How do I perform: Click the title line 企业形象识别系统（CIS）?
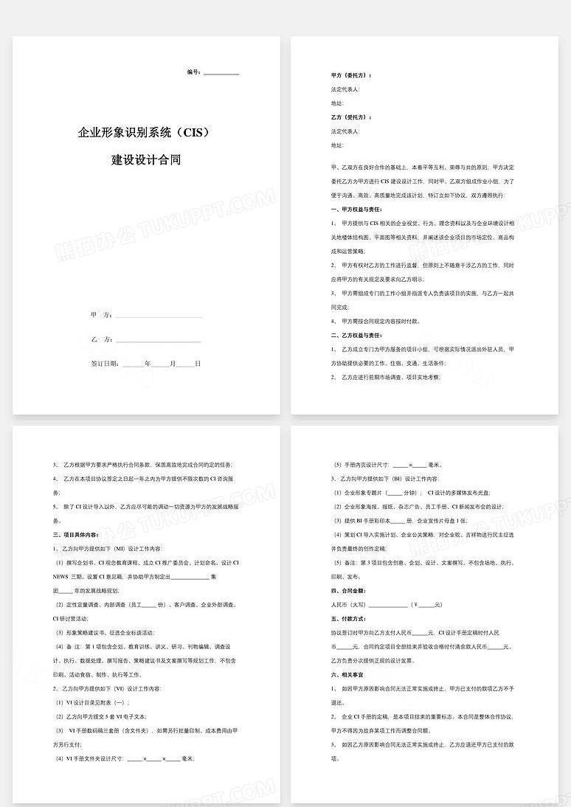click(x=145, y=133)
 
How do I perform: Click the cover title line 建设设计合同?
click(x=146, y=159)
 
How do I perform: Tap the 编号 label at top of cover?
click(x=193, y=72)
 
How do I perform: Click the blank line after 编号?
click(x=221, y=73)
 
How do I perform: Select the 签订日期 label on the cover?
click(x=105, y=364)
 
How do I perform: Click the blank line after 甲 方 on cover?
click(x=159, y=316)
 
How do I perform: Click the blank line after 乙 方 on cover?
click(x=159, y=340)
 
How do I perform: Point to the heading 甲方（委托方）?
click(x=352, y=75)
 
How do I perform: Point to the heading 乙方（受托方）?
click(x=352, y=117)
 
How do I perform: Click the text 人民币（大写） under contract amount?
click(x=352, y=605)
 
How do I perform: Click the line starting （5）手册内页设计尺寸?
click(x=387, y=465)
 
